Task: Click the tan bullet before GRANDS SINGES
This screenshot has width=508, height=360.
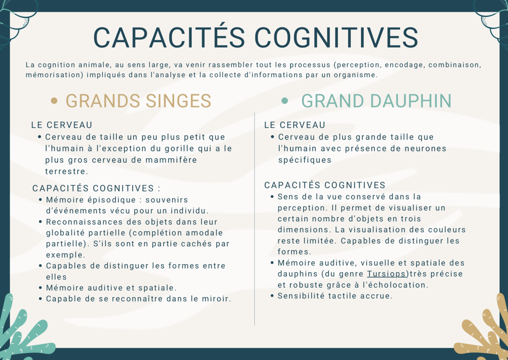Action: [x=54, y=101]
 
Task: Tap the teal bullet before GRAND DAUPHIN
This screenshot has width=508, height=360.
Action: [x=285, y=101]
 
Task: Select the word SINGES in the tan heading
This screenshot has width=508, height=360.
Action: [x=178, y=101]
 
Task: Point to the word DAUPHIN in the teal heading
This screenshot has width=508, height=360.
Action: [x=411, y=101]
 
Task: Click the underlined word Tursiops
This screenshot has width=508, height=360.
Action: [x=386, y=274]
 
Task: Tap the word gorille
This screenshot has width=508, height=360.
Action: [x=180, y=148]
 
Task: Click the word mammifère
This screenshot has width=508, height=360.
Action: [x=171, y=160]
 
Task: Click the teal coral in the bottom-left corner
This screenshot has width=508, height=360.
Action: [x=23, y=335]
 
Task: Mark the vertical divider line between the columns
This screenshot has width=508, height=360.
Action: [x=255, y=218]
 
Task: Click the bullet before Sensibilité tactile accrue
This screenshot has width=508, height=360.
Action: [x=272, y=296]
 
